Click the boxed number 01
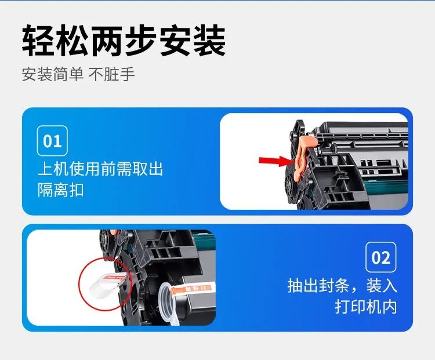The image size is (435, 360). tap(52, 141)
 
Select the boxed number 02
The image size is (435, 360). tap(380, 257)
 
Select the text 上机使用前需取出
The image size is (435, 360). tap(100, 169)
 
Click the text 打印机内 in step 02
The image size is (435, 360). tap(366, 306)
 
